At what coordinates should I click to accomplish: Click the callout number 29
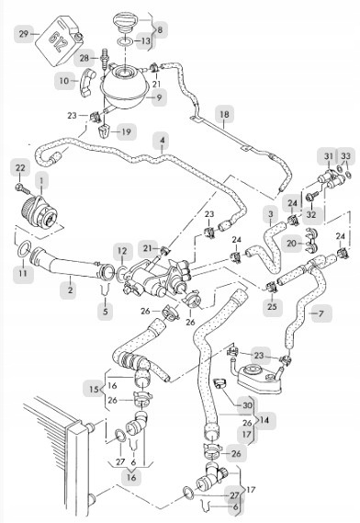click(24, 34)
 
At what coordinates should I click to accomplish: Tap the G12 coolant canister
click(60, 40)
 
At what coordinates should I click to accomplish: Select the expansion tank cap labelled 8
click(125, 22)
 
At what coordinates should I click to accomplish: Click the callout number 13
click(146, 41)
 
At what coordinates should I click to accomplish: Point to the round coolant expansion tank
click(125, 86)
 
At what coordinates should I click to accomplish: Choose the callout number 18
click(225, 114)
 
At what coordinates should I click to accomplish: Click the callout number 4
click(163, 141)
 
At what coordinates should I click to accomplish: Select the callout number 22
click(20, 168)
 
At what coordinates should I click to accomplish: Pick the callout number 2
click(71, 290)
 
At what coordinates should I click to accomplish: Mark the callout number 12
click(122, 251)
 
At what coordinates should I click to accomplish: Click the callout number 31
click(329, 156)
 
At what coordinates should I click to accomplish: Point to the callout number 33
click(346, 156)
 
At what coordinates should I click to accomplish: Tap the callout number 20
click(292, 244)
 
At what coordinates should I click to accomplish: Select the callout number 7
click(321, 313)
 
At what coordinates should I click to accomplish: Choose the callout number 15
click(94, 389)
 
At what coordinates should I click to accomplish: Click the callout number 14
click(264, 420)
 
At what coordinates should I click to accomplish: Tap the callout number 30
click(247, 405)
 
